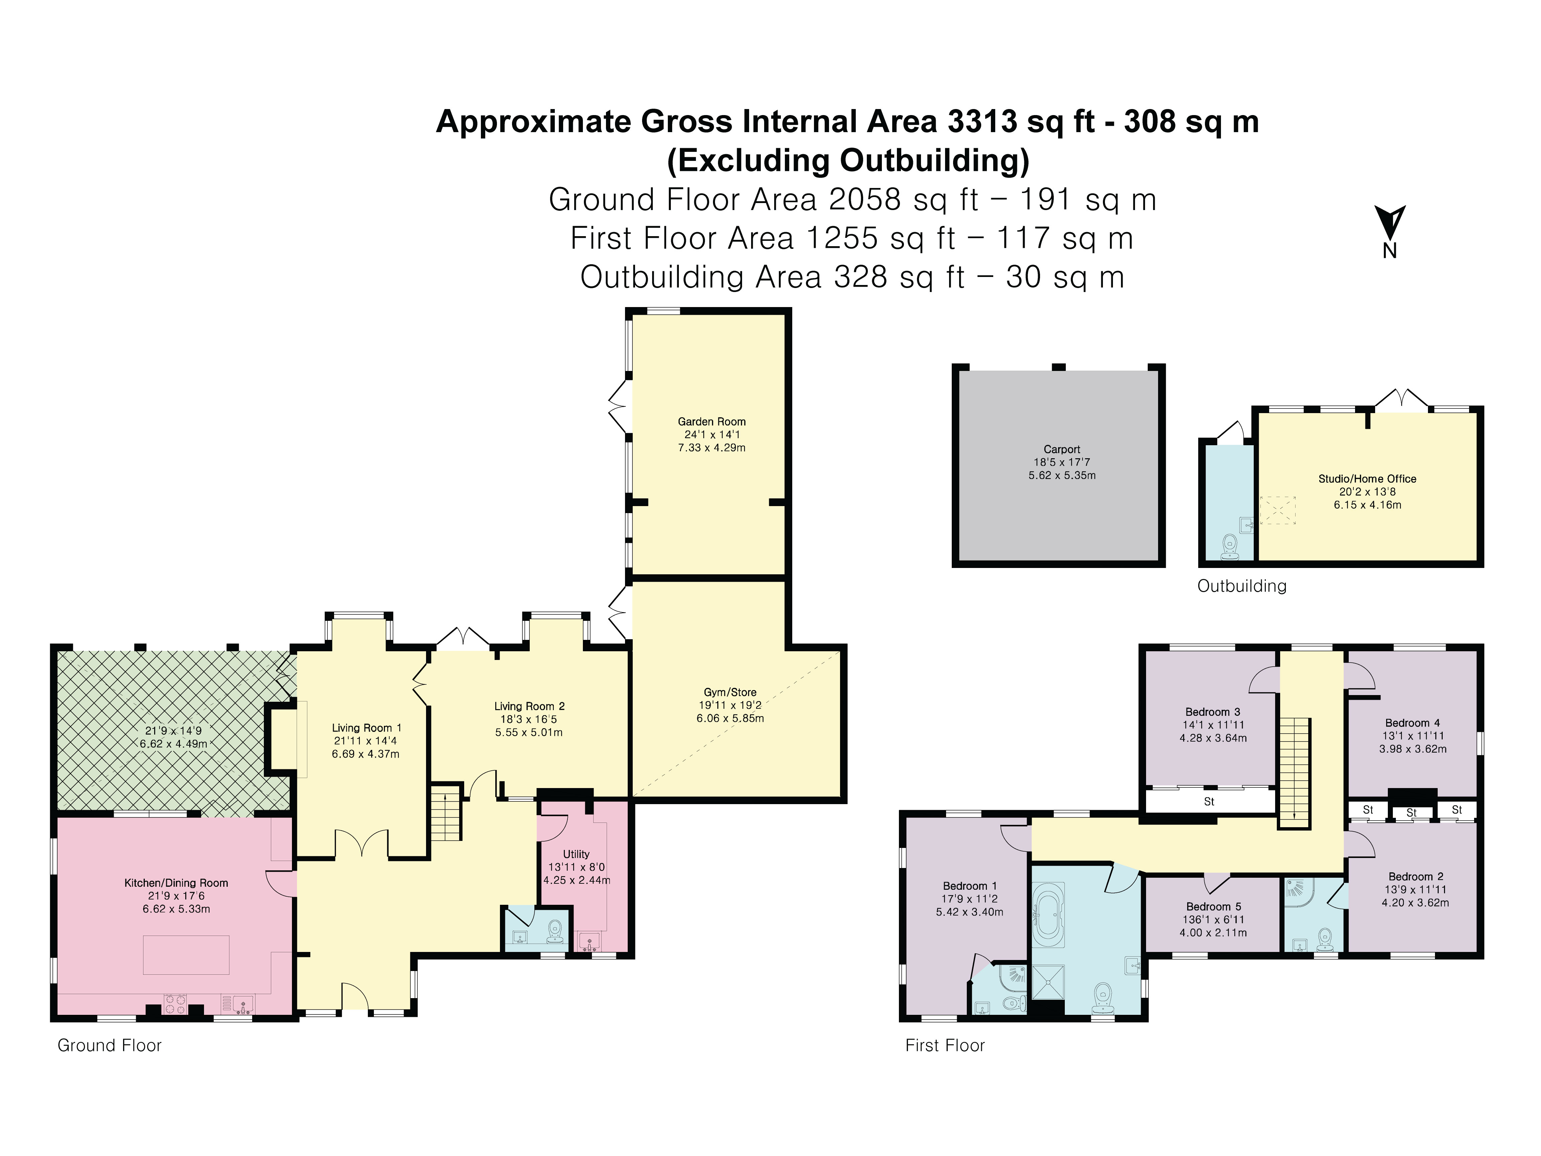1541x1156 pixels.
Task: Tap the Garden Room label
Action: [711, 421]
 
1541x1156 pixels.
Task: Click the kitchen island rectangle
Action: [186, 955]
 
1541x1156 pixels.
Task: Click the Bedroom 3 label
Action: [1212, 711]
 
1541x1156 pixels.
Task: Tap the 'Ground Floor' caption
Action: [109, 1045]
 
